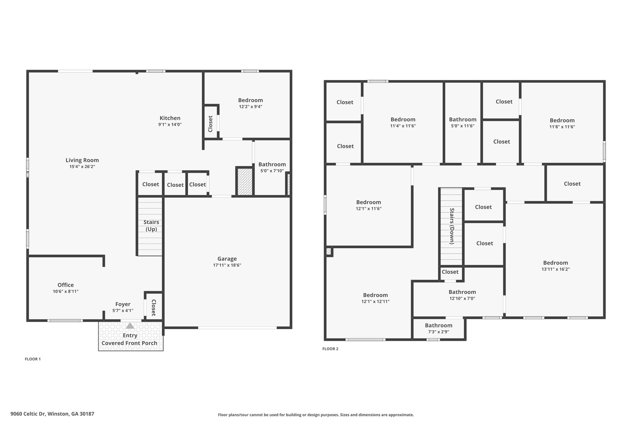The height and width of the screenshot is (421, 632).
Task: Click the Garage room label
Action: click(x=227, y=259)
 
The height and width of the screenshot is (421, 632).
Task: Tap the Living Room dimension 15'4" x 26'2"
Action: click(x=82, y=167)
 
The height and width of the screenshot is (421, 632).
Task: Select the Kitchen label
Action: click(x=170, y=118)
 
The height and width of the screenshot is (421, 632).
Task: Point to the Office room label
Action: click(x=65, y=285)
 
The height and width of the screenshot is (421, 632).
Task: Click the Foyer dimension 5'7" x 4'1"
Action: click(x=123, y=311)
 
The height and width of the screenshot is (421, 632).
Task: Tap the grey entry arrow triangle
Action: click(x=130, y=325)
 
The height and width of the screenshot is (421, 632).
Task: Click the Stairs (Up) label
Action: click(x=151, y=226)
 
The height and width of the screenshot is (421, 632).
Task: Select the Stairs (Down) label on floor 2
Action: click(x=452, y=226)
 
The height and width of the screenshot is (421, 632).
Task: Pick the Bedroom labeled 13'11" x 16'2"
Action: click(x=555, y=263)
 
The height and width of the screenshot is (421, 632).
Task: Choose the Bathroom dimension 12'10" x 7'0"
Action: click(x=462, y=299)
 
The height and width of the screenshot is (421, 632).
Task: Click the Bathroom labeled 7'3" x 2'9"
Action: click(x=439, y=325)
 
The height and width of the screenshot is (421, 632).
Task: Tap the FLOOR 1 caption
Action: click(x=33, y=359)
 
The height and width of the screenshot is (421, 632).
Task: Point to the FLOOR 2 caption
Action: click(x=330, y=349)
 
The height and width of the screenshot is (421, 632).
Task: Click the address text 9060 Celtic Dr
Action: click(x=28, y=414)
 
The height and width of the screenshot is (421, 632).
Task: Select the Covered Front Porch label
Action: click(x=129, y=343)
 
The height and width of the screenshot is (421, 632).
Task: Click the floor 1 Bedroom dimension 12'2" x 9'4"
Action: click(x=251, y=107)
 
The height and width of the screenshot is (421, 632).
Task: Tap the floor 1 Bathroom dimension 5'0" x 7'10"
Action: click(x=272, y=171)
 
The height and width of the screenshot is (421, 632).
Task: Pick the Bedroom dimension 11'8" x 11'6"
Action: click(x=562, y=127)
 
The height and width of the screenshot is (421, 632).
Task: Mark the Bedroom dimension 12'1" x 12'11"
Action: click(x=376, y=302)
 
